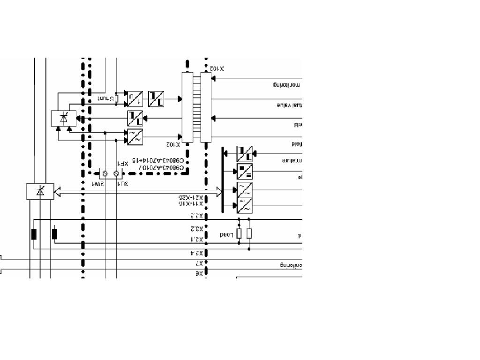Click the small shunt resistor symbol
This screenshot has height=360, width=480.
point(116,98)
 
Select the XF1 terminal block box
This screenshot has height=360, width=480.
point(111,174)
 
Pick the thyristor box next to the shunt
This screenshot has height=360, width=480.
point(64,118)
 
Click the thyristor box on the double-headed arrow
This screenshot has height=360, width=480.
point(40,192)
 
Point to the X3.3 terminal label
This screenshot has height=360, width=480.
point(196,216)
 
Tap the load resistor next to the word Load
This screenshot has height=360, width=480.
point(239,233)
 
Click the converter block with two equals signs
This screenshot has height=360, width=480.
point(244,172)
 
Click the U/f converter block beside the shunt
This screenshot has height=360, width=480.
point(135,99)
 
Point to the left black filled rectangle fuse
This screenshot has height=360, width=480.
point(34,234)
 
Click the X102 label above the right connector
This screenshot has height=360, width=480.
point(217,68)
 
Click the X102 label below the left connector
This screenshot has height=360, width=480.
point(173,144)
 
